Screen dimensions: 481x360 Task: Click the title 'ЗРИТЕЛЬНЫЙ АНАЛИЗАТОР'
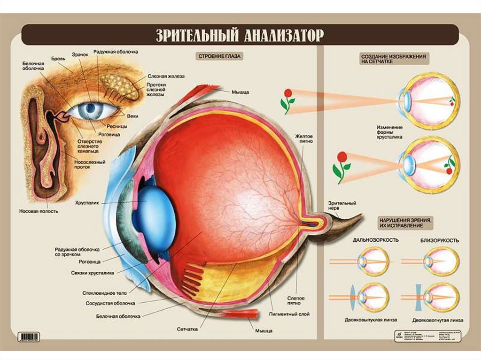[x=240, y=36]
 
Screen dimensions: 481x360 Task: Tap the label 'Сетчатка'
[x=188, y=329]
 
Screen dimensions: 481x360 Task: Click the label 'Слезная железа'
[x=166, y=76]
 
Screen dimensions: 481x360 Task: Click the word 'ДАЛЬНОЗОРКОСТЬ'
[x=376, y=240]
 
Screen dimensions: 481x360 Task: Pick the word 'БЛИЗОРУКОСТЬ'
[x=440, y=240]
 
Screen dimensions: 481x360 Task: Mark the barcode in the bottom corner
[x=29, y=337]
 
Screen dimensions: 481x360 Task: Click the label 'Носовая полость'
[x=39, y=211]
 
